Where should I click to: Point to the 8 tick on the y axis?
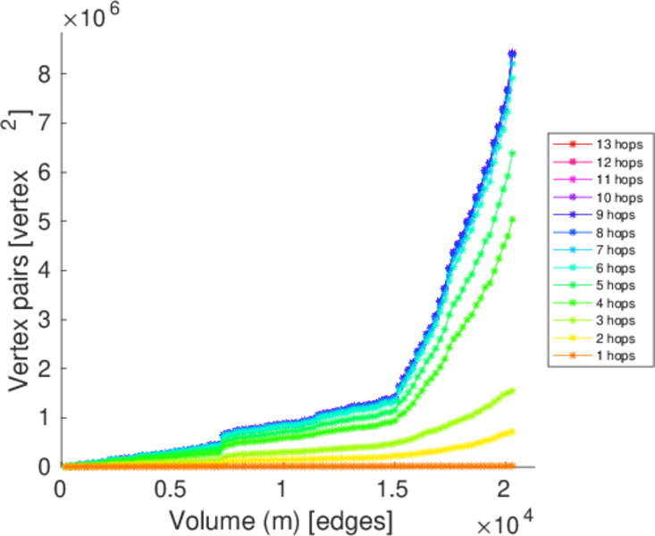click(41, 73)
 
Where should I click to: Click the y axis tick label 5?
click(41, 221)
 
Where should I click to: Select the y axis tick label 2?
click(41, 368)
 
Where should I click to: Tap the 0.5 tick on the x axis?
click(171, 490)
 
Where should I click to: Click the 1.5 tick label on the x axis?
click(393, 490)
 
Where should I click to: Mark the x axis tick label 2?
click(505, 490)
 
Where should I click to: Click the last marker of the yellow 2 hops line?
click(512, 431)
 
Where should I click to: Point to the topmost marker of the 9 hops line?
click(512, 54)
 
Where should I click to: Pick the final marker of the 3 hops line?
click(512, 390)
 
